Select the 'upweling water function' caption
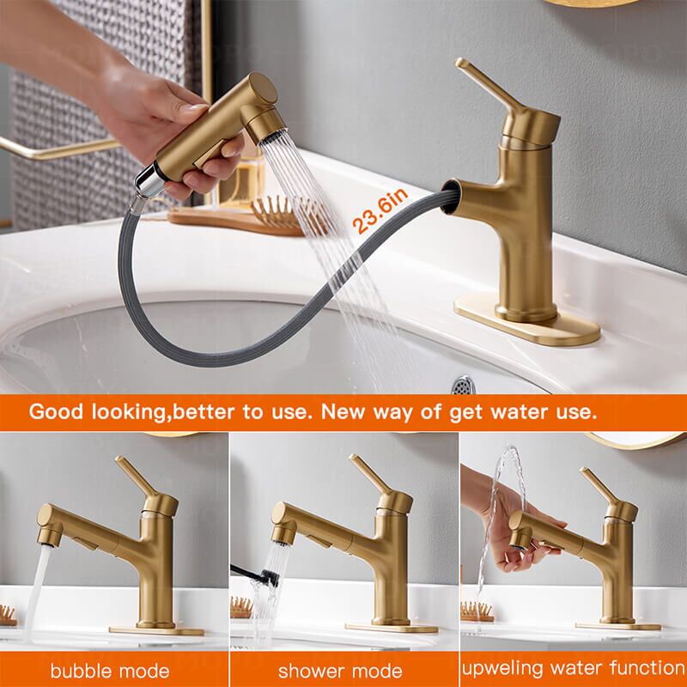click(573, 667)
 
